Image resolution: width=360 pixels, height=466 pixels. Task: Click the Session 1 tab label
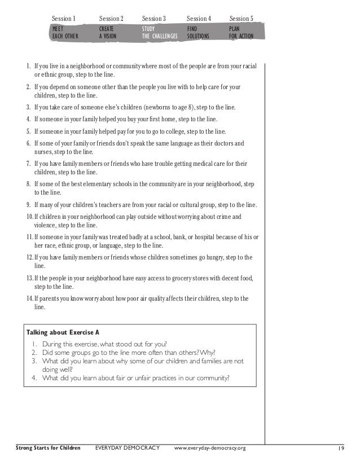point(64,19)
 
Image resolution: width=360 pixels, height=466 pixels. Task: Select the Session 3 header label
point(154,19)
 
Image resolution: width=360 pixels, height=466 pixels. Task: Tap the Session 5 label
point(242,19)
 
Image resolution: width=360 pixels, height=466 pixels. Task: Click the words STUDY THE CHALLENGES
point(160,32)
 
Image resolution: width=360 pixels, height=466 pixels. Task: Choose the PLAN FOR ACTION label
point(241,32)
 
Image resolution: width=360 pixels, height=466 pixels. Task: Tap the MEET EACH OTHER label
point(65,32)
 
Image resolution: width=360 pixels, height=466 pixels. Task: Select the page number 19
point(341,449)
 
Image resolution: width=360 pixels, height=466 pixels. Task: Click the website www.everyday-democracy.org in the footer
point(210,449)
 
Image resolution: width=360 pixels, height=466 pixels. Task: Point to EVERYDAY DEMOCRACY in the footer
point(128,449)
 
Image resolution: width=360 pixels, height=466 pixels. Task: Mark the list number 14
point(30,298)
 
